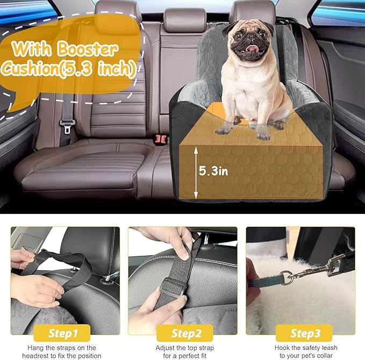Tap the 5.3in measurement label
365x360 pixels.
213,171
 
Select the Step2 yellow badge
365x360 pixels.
183,333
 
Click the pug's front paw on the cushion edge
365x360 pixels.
225,129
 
